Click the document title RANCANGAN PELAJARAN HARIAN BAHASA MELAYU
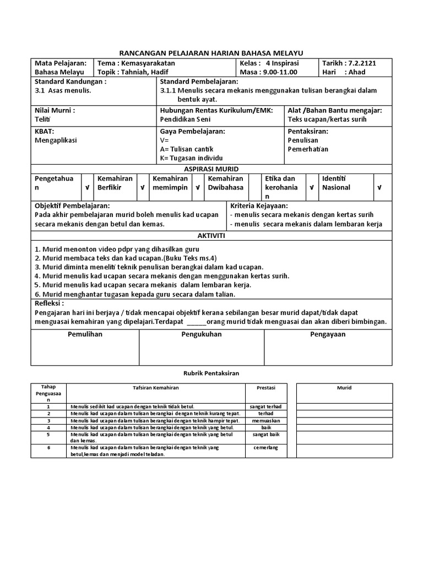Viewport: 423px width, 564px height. (211, 52)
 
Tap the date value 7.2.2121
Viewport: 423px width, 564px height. (360, 63)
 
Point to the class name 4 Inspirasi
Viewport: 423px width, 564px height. (283, 63)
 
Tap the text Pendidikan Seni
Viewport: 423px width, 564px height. (185, 119)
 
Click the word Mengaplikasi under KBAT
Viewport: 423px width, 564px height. (56, 140)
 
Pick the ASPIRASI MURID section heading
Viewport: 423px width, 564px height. (211, 169)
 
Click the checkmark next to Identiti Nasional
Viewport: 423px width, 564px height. (380, 187)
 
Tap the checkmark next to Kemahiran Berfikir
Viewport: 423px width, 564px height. (142, 187)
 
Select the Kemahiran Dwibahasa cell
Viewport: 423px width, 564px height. (226, 183)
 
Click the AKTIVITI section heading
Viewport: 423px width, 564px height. (211, 235)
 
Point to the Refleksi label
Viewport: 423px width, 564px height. (49, 303)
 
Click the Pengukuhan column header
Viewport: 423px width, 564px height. (202, 334)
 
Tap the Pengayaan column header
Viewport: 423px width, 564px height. (328, 334)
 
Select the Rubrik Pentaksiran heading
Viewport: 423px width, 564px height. (211, 373)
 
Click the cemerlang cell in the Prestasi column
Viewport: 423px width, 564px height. (266, 448)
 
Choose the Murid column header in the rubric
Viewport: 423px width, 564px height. (344, 388)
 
